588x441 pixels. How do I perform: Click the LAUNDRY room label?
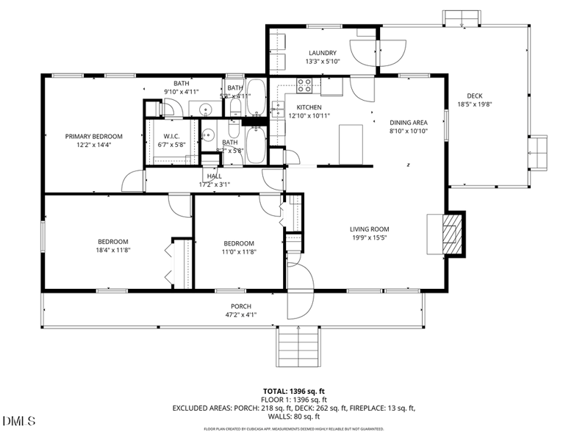click(323, 53)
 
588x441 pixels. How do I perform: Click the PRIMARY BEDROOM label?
click(93, 136)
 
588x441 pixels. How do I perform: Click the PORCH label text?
click(240, 306)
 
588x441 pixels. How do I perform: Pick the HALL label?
click(214, 176)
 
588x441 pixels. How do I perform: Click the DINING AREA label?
click(408, 123)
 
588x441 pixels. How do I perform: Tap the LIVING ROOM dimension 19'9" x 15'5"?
click(369, 237)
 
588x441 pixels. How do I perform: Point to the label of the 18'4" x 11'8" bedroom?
click(113, 242)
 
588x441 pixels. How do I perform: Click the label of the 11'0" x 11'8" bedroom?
click(239, 243)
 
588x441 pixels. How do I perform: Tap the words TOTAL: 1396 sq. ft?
click(294, 391)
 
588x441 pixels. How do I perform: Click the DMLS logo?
click(20, 421)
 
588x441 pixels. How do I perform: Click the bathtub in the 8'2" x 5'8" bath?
click(257, 145)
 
